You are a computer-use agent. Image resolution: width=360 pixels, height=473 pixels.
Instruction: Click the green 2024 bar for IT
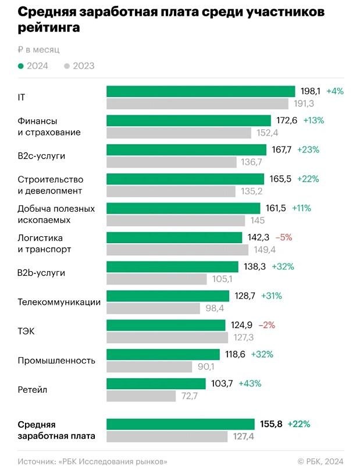click(201, 91)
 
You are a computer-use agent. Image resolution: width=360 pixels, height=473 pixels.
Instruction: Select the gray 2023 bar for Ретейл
click(141, 396)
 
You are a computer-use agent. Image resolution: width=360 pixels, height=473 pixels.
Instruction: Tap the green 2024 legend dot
click(21, 66)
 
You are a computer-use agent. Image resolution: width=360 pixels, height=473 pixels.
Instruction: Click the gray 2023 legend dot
click(67, 66)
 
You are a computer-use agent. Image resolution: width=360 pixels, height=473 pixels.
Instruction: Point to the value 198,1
click(311, 91)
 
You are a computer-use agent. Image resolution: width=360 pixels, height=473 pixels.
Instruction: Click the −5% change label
click(284, 237)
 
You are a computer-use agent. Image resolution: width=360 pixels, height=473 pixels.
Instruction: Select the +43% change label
click(250, 383)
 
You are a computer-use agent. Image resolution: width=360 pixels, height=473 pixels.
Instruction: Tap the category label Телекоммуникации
click(59, 302)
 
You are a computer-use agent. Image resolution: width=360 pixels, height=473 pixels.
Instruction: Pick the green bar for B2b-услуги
click(172, 266)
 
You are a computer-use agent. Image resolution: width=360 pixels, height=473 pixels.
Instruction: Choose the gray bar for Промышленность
click(149, 367)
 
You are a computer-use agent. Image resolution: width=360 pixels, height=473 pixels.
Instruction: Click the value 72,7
click(190, 396)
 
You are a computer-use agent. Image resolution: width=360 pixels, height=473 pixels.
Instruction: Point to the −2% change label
click(266, 325)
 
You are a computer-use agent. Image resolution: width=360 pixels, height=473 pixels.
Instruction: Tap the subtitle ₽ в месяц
click(38, 50)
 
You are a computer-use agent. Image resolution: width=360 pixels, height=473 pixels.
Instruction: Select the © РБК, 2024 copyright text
click(320, 461)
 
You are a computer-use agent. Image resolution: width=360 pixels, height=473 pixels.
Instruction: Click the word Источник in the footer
click(37, 461)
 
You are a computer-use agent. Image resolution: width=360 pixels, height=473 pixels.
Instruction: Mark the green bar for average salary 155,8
click(180, 424)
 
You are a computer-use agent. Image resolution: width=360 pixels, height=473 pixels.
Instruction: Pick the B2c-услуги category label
click(42, 156)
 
